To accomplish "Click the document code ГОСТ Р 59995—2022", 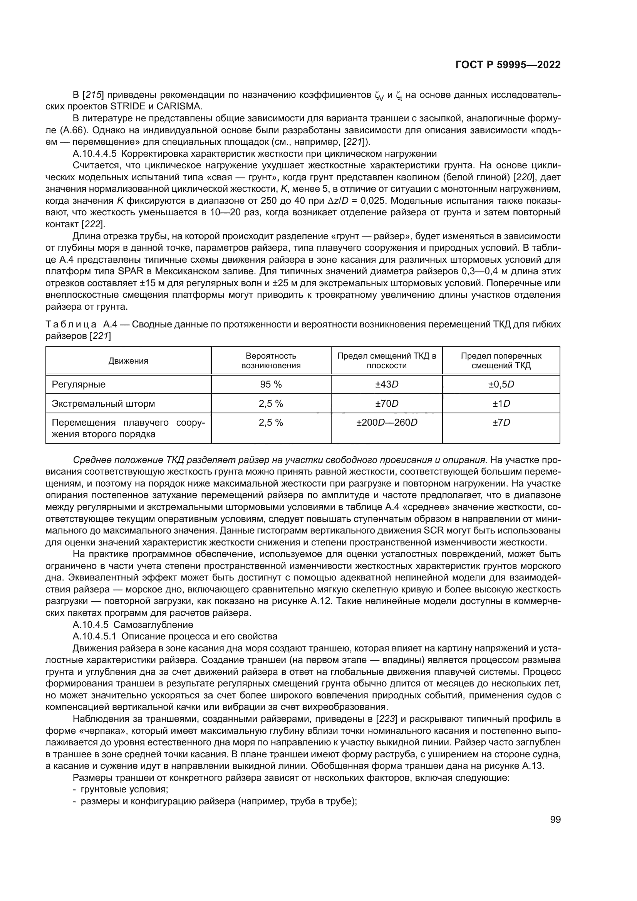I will point(508,65).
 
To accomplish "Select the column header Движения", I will point(128,361).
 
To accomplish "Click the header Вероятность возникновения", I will point(271,361).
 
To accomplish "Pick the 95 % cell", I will point(271,384).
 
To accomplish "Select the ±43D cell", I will point(386,384).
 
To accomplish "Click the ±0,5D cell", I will point(501,384).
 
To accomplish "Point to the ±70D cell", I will point(386,404).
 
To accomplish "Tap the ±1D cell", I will point(501,404).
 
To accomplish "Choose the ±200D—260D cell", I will point(386,423).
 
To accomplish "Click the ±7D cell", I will point(501,423).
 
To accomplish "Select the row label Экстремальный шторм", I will point(103,404).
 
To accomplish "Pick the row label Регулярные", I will point(79,384).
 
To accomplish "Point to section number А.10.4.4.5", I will point(94,153).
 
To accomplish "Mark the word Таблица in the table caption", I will point(71,324).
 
